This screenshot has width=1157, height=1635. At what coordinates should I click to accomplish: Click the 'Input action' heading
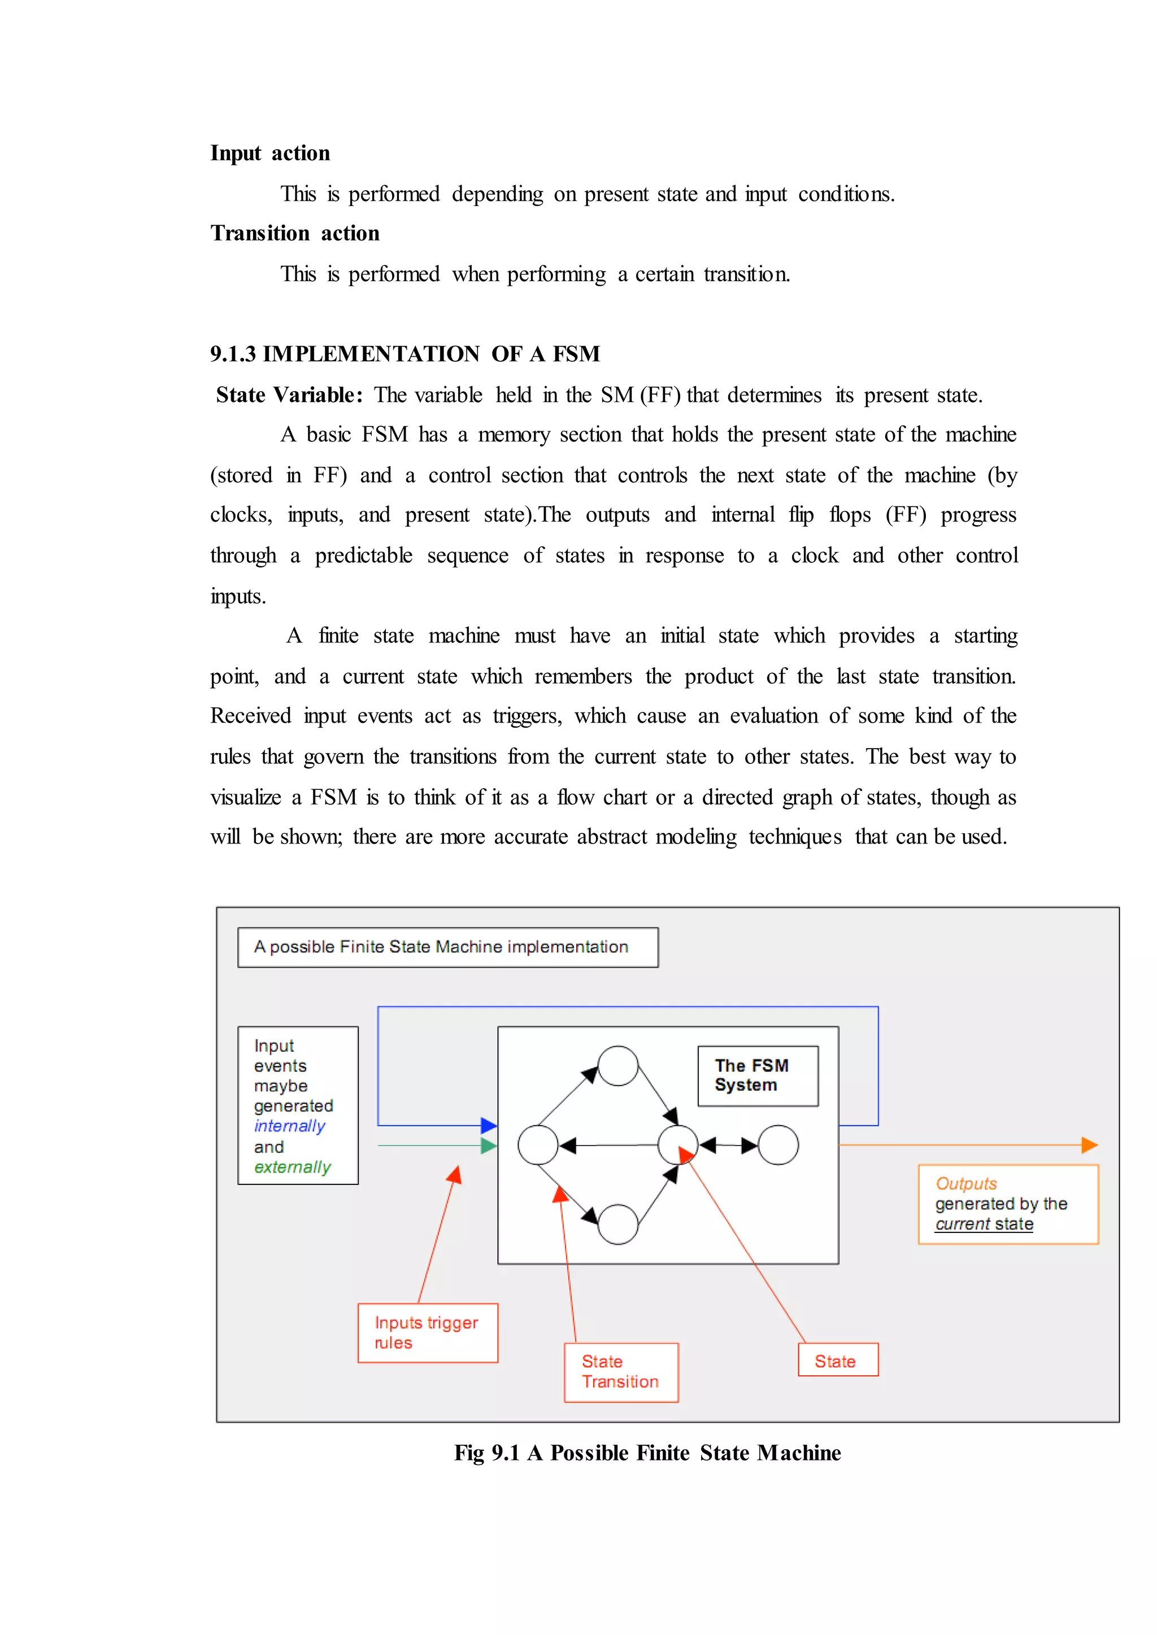coord(270,153)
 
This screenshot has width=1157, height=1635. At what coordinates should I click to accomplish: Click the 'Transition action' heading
coord(295,234)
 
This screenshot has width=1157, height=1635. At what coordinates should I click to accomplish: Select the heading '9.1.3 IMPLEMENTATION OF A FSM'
coord(404,354)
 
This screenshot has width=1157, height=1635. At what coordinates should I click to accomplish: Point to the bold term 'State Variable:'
coord(289,395)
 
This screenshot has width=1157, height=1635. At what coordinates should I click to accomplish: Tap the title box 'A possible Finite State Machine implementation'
coord(447,947)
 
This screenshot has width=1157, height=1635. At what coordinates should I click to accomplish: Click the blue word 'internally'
coord(289,1126)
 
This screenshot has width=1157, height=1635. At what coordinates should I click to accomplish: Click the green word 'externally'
coord(292,1166)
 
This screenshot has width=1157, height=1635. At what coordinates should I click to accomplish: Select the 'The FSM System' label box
coord(758,1076)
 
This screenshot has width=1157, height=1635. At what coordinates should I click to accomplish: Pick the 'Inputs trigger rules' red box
coord(428,1332)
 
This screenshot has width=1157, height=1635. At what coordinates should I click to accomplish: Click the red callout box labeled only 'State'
coord(837,1361)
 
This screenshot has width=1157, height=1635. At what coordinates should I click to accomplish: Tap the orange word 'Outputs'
coord(966,1183)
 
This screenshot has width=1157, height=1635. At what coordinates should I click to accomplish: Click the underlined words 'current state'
coord(984,1224)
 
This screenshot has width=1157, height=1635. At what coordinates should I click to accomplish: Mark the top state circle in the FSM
coord(617,1066)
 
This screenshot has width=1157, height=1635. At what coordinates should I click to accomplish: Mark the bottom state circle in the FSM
coord(617,1224)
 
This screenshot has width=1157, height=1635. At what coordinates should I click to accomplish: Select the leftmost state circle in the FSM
coord(538,1145)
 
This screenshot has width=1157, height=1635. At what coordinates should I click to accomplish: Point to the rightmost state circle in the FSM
coord(778,1145)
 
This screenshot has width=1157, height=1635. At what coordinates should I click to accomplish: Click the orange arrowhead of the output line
coord(1089,1145)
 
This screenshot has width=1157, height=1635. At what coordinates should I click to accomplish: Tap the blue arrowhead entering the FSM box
coord(489,1125)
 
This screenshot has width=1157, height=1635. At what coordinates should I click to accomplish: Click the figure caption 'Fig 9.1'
coord(488,1453)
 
